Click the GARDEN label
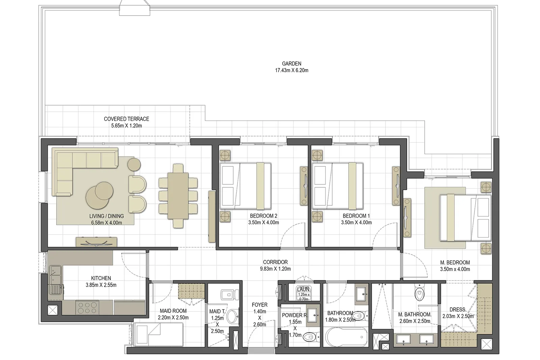(x=292, y=64)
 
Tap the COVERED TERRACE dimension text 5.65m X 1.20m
(x=126, y=126)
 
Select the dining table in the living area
(x=178, y=196)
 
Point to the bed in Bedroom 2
(x=245, y=186)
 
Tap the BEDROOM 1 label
(x=356, y=216)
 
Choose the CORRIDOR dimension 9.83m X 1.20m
(x=275, y=269)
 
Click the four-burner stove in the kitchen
(x=87, y=307)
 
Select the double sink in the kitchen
(x=55, y=275)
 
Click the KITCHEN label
(x=101, y=278)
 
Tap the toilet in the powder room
(x=311, y=337)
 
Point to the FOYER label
(x=260, y=305)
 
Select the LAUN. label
(x=303, y=289)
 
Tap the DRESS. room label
(x=458, y=310)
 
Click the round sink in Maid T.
(x=232, y=316)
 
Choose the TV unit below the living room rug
(x=97, y=242)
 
